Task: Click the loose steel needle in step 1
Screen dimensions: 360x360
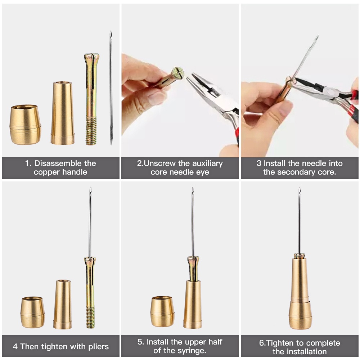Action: (x=111, y=88)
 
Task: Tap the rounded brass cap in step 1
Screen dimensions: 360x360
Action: (x=26, y=125)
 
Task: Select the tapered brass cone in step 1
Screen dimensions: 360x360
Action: (x=62, y=113)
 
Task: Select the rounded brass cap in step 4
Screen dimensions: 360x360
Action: (x=33, y=312)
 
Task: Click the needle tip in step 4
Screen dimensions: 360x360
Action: (x=91, y=188)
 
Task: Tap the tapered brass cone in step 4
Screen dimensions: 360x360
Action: (x=62, y=305)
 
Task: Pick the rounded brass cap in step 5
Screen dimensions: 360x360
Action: (x=163, y=312)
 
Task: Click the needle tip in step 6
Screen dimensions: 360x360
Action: (x=300, y=188)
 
